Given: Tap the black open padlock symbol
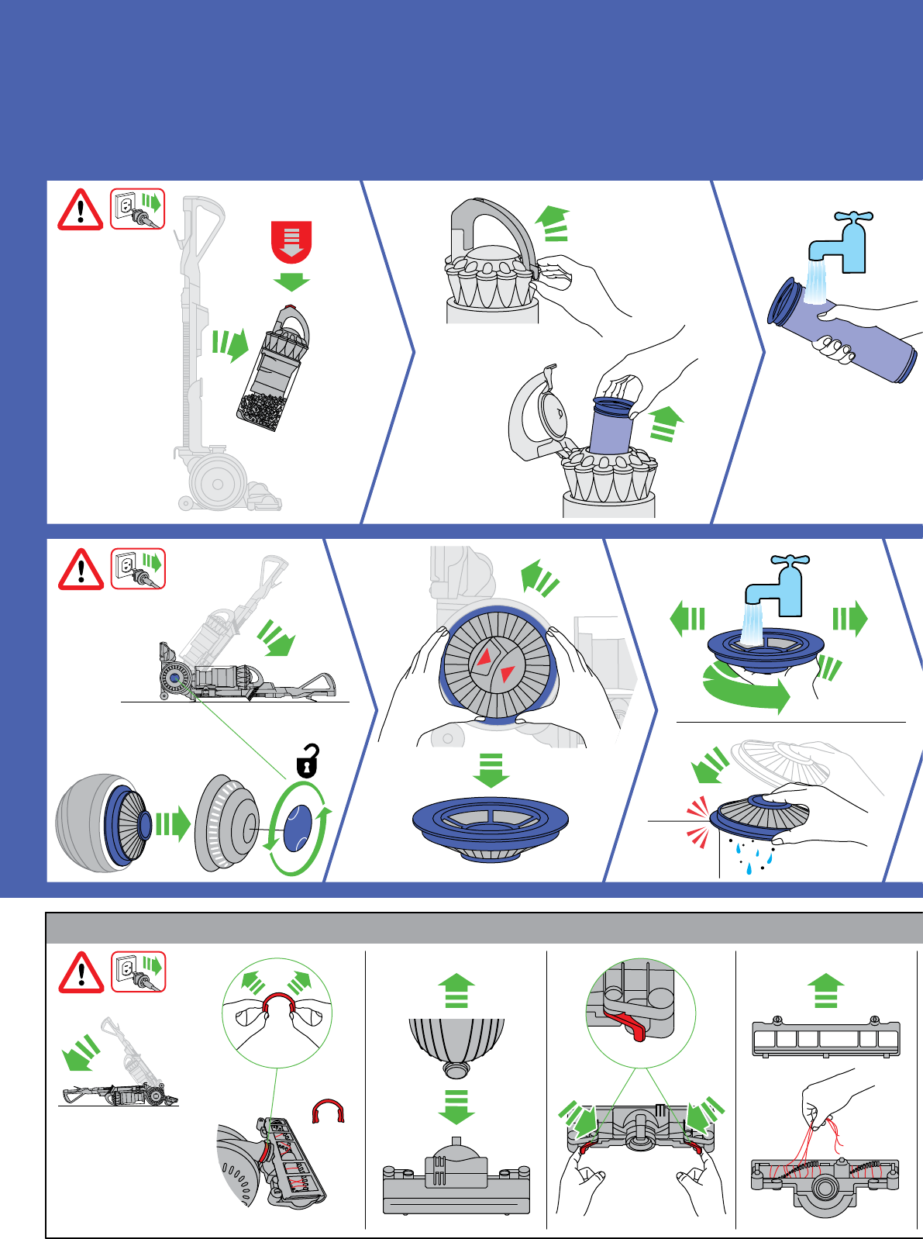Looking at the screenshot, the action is [308, 761].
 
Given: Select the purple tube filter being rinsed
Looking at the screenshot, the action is [845, 330].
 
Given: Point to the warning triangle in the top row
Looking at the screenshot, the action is [80, 210].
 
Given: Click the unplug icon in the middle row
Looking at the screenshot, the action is [138, 569].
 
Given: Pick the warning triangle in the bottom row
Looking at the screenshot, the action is [81, 972].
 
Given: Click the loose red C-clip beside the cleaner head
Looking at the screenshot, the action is [328, 1111].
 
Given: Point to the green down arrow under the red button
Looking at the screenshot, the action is [292, 281].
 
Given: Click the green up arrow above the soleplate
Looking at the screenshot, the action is [826, 990].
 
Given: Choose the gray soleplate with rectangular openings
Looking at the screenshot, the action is [825, 1039].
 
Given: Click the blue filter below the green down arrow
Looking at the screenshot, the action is [491, 828].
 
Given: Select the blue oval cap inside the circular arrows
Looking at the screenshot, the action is [297, 827].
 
